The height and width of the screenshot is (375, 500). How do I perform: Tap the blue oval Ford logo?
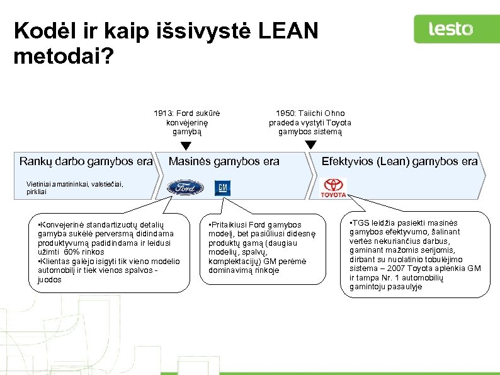point(185,188)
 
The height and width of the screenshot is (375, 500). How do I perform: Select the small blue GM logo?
point(222,188)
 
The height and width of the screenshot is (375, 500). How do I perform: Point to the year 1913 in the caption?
point(163,113)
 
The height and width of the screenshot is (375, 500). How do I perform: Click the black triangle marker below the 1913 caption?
point(186,146)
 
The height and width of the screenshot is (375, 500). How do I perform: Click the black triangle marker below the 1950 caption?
point(310,145)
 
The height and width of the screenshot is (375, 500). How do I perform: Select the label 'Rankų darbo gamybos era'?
point(86,161)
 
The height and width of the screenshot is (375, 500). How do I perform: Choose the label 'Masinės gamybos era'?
point(224,161)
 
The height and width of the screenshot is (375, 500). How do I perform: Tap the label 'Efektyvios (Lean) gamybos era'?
point(399,161)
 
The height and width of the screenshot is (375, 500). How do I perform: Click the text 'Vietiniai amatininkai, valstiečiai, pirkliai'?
point(74,187)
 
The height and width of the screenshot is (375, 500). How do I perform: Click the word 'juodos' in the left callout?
point(50,279)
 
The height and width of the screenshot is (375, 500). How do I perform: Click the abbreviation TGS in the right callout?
point(361,222)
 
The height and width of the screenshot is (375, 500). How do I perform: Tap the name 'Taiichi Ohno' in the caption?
point(322,113)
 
